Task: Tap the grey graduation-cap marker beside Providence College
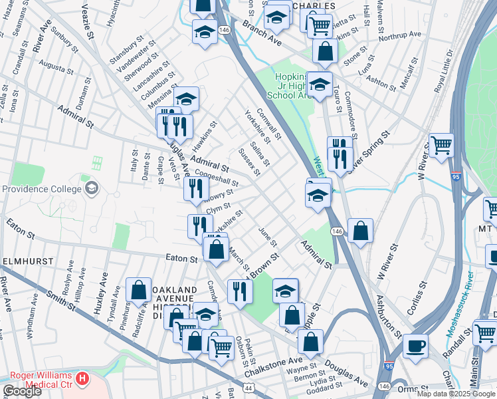pyautogui.click(x=91, y=188)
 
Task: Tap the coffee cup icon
pyautogui.click(x=415, y=346)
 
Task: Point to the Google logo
pyautogui.click(x=21, y=391)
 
